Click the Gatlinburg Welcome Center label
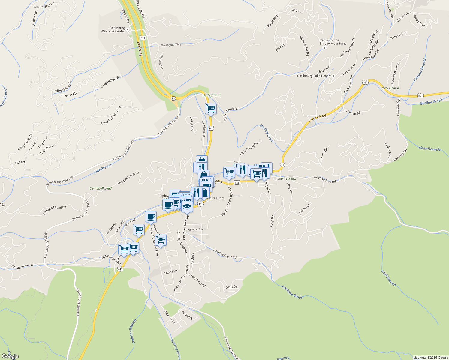pos(113,29)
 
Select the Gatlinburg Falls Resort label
pos(314,76)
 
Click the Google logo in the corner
pos(10,356)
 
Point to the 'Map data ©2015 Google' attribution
pos(430,358)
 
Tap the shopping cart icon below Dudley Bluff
pos(211,108)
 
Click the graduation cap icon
pos(187,206)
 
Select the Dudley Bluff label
pos(212,95)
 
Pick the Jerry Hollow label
pos(390,88)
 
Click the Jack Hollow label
pos(287,179)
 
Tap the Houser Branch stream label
pos(420,70)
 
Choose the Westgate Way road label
pos(171,45)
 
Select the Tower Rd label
pos(324,153)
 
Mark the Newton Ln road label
pos(195,229)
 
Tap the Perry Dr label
pos(231,287)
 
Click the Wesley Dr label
pos(187,315)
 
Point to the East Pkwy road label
pos(318,118)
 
